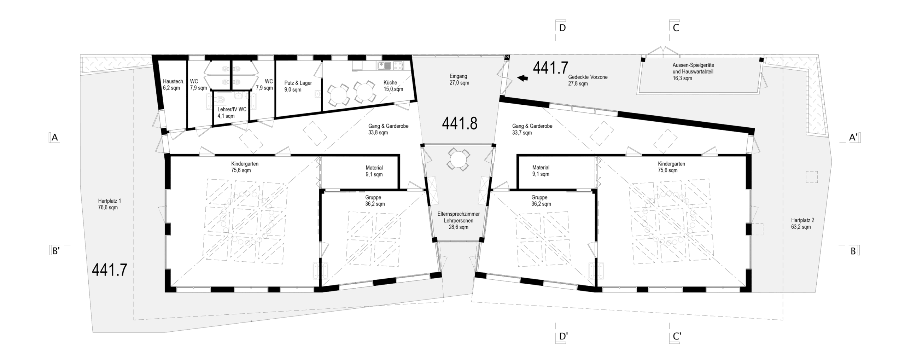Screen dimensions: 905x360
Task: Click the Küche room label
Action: coord(393,86)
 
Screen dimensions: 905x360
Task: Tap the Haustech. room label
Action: coord(173,85)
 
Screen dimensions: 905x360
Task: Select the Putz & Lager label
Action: coord(298,86)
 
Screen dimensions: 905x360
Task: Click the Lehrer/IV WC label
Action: coord(232,112)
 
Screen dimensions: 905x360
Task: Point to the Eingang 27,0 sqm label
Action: coord(459,80)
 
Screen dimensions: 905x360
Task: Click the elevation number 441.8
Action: coord(460,123)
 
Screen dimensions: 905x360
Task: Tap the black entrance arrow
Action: coord(522,78)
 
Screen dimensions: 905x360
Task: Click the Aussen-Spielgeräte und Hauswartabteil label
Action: coord(693,72)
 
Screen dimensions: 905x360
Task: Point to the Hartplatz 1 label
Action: coord(109,204)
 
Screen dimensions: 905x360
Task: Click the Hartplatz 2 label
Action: coord(802,223)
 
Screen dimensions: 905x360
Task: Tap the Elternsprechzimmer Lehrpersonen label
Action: coord(459,220)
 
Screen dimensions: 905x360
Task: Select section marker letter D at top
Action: coord(562,28)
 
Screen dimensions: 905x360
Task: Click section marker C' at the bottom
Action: coord(677,336)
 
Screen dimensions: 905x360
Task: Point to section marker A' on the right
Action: coord(853,137)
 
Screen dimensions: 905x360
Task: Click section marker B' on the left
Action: coord(56,251)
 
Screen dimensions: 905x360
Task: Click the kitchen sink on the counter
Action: coord(384,65)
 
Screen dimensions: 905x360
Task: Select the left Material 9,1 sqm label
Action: coord(374,171)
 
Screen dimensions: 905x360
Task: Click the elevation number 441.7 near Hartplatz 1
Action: coord(110,270)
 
